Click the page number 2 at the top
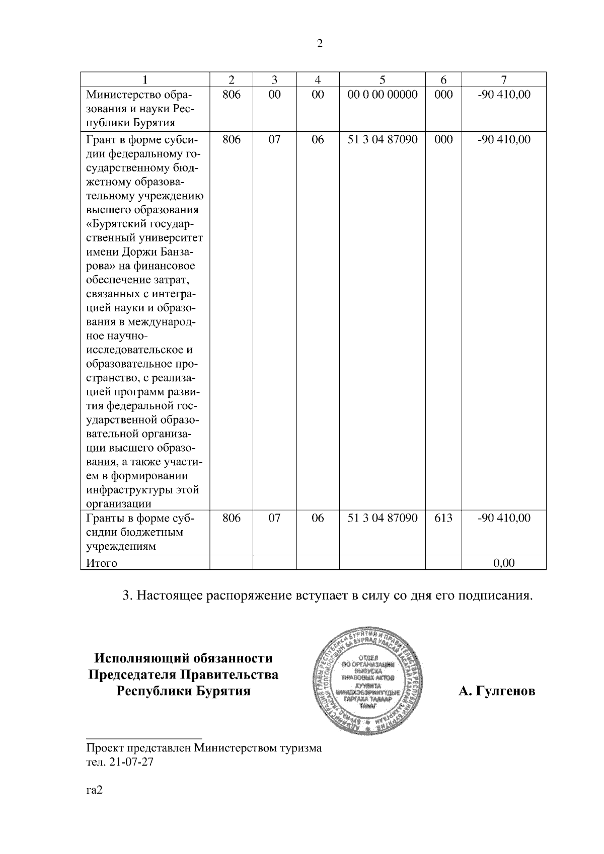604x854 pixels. pos(320,44)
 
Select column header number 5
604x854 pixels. pos(383,79)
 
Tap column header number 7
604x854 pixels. pos(504,79)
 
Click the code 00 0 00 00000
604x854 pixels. pos(383,95)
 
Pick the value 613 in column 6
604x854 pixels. pos(443,518)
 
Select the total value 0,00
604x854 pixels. pos(504,563)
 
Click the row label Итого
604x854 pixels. pos(102,563)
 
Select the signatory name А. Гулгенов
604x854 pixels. pos(496,692)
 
